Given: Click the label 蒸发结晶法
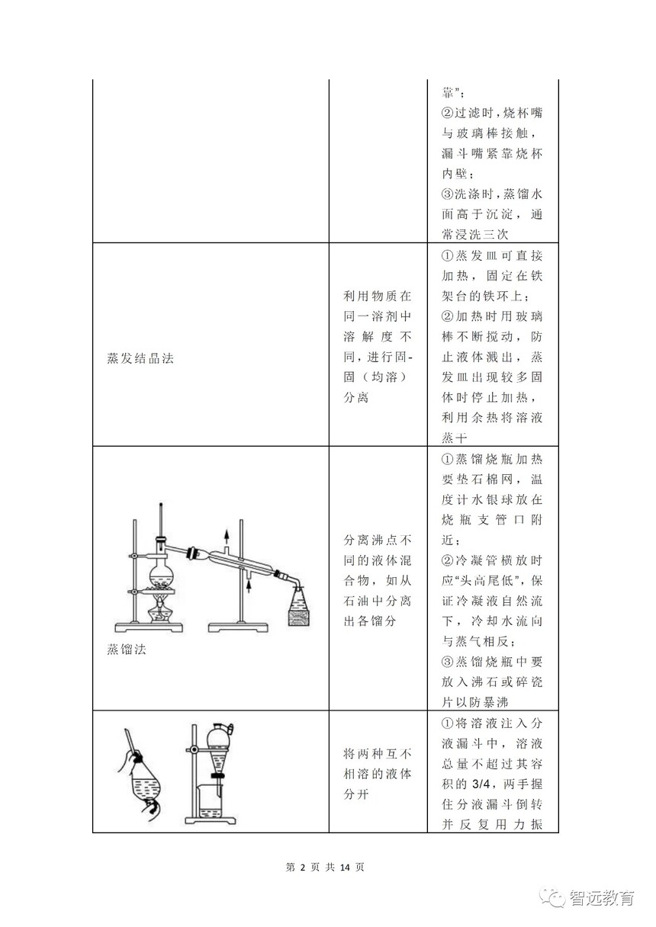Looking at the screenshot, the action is pos(140,358).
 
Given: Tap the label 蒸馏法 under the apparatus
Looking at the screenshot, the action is pos(127,650).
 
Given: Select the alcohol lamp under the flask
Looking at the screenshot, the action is pos(159,611).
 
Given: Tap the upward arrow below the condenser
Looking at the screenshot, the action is pos(249,586).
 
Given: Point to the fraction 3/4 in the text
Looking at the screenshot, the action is pos(481,784).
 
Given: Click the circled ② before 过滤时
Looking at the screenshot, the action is pos(447,113).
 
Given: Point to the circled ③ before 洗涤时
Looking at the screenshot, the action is pos(447,194).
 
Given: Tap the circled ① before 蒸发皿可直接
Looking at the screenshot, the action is pos(447,255).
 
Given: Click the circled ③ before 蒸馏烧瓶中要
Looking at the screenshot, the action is pos(447,662).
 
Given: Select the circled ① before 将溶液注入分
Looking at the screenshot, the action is pos(447,723).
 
